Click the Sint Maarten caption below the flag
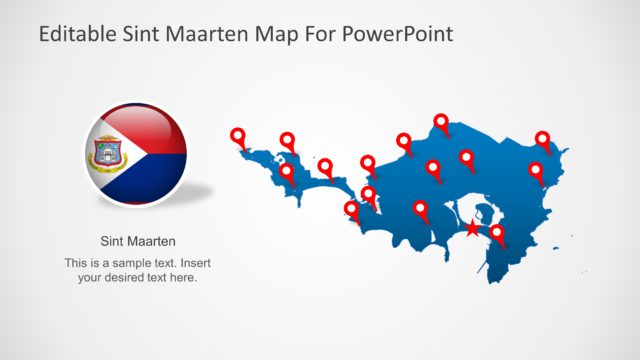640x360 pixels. click(138, 241)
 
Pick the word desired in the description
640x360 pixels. click(128, 277)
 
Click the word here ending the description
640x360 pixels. click(184, 277)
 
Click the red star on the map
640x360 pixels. click(472, 229)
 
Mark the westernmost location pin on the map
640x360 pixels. click(237, 137)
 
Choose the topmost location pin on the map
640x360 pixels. click(441, 122)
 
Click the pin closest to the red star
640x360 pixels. click(496, 234)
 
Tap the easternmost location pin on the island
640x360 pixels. click(543, 139)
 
